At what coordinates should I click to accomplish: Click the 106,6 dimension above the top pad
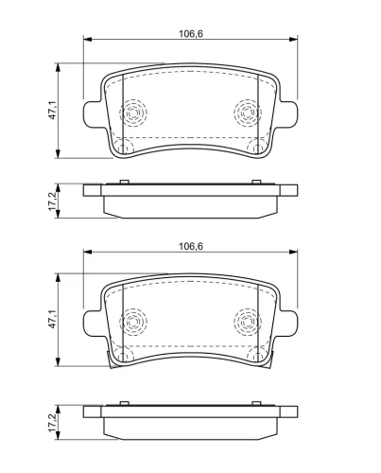191,33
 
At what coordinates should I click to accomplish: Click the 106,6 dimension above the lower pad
191,246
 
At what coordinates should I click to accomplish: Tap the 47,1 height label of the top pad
52,110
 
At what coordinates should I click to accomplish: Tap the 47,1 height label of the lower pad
52,319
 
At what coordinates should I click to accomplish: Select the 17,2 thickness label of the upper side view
52,201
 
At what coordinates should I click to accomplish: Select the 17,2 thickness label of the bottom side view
52,423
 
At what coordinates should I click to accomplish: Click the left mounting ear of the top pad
92,114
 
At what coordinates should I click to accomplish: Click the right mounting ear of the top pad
288,114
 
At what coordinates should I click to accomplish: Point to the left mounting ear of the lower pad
92,324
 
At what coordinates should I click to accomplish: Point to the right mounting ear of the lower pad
288,324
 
